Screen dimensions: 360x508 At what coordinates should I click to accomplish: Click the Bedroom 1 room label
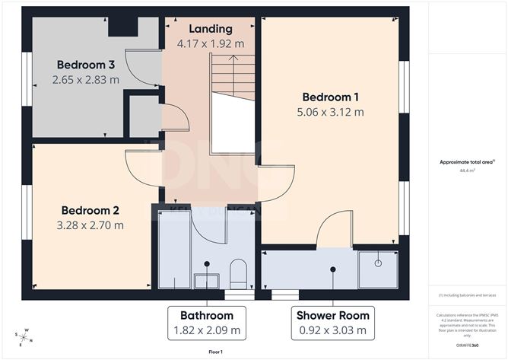click(x=331, y=97)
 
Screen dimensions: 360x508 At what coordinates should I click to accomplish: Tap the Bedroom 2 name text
click(x=90, y=210)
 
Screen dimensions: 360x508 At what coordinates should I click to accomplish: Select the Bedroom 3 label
click(x=84, y=64)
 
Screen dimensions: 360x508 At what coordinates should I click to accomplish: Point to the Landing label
click(x=210, y=28)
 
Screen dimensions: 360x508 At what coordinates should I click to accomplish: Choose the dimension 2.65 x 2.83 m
click(x=86, y=79)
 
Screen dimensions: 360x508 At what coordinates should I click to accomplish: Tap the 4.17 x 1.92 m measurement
click(x=211, y=43)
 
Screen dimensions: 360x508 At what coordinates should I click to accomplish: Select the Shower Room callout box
click(x=332, y=323)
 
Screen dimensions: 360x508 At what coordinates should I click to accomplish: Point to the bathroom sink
click(x=206, y=281)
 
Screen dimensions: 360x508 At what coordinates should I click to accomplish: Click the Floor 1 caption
click(x=217, y=352)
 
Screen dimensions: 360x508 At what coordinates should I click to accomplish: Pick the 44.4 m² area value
click(x=467, y=171)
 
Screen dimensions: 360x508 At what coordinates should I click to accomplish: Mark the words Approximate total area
click(x=466, y=162)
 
